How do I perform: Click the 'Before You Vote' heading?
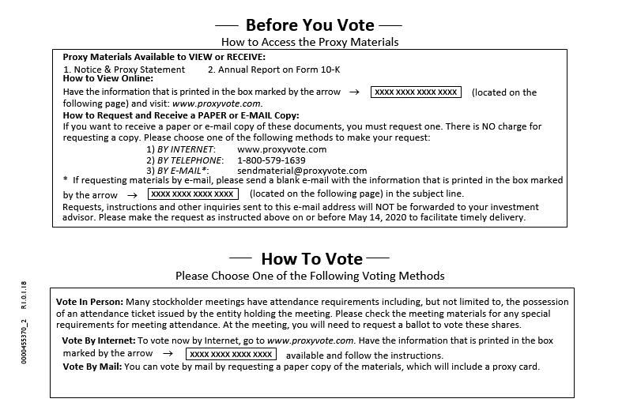(309, 24)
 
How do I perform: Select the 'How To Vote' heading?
(311, 258)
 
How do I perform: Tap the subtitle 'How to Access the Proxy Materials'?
(310, 42)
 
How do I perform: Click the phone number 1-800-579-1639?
(271, 160)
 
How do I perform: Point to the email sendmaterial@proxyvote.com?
(302, 171)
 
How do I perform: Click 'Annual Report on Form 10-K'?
(273, 70)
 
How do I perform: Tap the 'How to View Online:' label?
(108, 79)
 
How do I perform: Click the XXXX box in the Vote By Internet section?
(232, 355)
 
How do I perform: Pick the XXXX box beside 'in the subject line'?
(193, 194)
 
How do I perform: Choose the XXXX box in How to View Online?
(416, 92)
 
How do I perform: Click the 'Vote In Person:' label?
(89, 302)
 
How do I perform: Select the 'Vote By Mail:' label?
(92, 367)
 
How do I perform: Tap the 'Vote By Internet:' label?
(99, 340)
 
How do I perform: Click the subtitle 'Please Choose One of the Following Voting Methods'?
(310, 276)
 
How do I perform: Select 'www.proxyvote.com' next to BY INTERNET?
(281, 149)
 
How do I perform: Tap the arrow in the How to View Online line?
(355, 92)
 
